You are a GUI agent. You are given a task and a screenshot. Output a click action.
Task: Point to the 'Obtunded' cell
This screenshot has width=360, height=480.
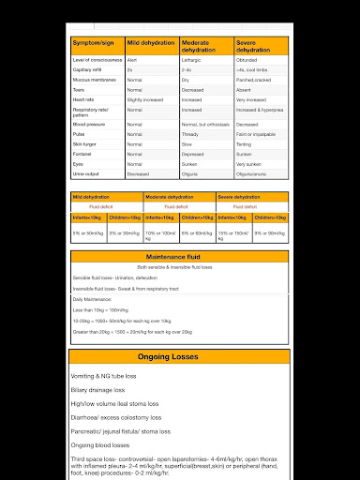[x=247, y=59]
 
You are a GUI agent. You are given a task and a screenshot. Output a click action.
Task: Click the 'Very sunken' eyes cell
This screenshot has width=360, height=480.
[x=249, y=163]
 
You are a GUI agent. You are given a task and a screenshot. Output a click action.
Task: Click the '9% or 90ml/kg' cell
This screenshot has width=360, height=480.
[x=270, y=232]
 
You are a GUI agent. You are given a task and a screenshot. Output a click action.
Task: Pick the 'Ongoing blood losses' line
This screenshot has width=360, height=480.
[x=102, y=443]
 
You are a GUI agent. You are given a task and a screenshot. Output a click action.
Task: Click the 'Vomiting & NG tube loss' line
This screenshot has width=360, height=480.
[x=110, y=376]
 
